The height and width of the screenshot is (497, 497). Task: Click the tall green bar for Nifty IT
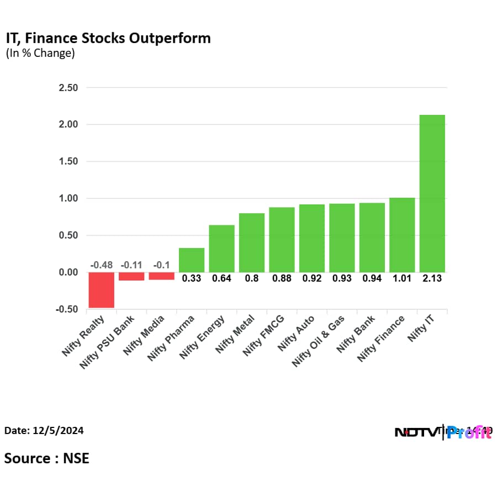[432, 193]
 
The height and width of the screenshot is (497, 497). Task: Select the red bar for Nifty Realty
[102, 289]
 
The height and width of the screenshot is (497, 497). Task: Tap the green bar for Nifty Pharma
[192, 260]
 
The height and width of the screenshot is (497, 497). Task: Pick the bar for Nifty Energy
[221, 248]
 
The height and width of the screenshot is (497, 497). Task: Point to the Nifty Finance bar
[402, 235]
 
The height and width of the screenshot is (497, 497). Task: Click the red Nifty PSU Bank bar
[131, 276]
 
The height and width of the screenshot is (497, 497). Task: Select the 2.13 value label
[432, 278]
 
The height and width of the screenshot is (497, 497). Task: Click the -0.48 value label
[102, 265]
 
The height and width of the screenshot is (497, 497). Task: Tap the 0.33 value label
[192, 278]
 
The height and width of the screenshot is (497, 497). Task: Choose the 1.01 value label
[402, 278]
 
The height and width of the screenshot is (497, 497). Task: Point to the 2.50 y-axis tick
[67, 88]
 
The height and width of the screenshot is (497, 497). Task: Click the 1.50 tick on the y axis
[67, 162]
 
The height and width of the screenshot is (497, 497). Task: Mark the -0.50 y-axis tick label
[66, 309]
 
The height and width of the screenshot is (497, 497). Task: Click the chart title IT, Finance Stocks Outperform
[108, 39]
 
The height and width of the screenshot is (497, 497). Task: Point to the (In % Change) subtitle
[40, 54]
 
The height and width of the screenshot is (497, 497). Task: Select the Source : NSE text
[47, 458]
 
